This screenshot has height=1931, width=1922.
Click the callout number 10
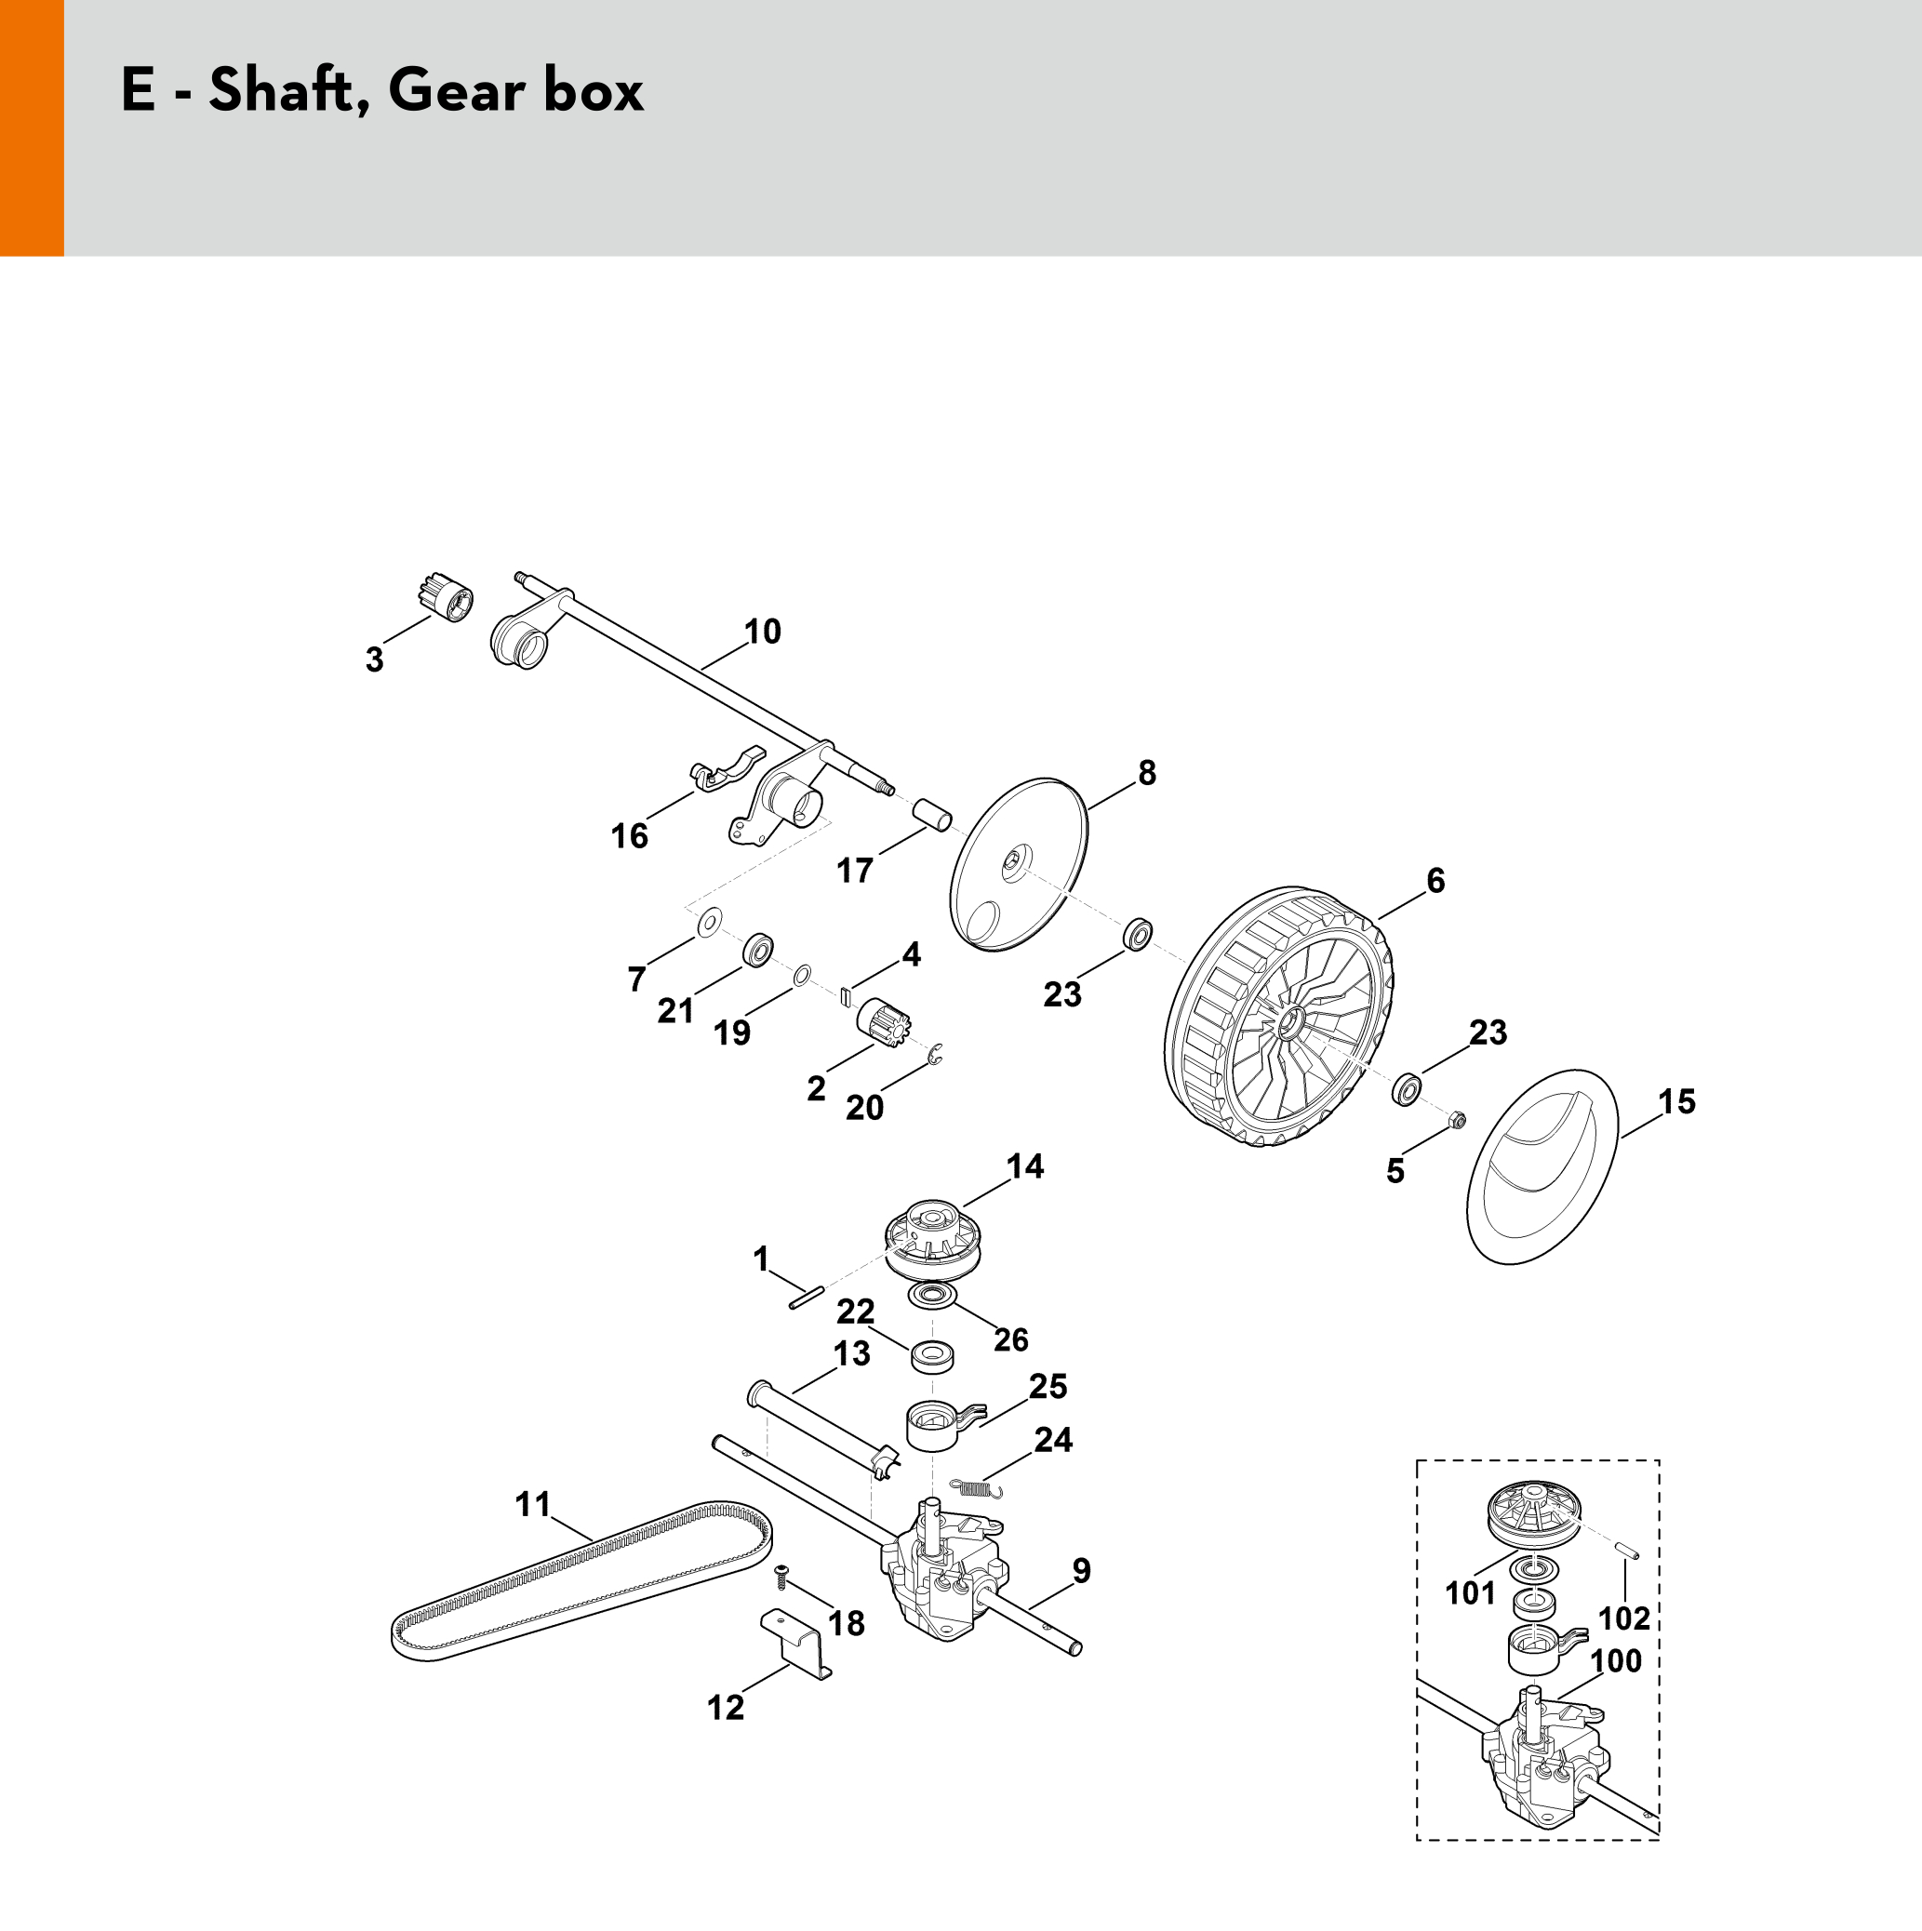tap(763, 632)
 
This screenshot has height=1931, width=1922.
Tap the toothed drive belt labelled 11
tap(580, 1584)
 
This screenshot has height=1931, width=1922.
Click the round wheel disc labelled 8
tap(1019, 864)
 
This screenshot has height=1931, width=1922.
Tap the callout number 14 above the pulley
tap(1025, 1165)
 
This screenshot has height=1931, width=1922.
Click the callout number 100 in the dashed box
tap(1616, 1661)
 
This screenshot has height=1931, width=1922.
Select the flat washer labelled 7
tap(710, 921)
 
